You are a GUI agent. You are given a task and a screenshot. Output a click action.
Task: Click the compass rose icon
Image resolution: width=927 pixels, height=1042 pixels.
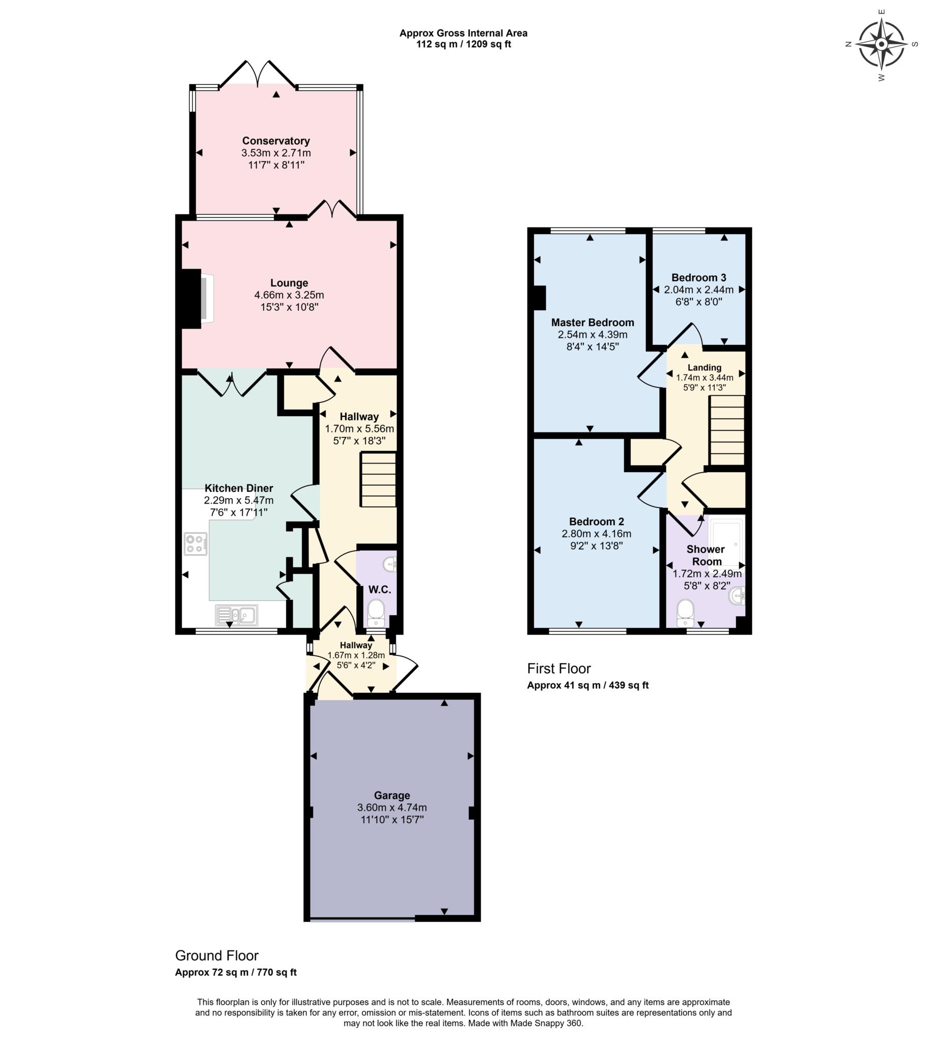[881, 44]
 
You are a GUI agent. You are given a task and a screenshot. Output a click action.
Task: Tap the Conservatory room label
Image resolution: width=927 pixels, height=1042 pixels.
[276, 141]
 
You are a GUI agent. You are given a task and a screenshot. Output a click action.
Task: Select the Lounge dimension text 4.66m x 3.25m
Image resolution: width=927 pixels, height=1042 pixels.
[289, 295]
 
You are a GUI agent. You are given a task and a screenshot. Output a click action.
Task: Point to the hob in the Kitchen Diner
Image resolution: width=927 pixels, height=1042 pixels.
[196, 543]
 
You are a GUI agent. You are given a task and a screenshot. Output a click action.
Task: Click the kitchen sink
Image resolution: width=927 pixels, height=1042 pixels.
[236, 615]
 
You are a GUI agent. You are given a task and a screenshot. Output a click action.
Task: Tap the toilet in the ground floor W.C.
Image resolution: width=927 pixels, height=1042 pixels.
[377, 613]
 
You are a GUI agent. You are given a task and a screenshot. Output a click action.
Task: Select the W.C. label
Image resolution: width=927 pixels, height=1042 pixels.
[380, 590]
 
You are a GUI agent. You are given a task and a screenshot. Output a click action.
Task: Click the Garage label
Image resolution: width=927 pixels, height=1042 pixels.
[392, 795]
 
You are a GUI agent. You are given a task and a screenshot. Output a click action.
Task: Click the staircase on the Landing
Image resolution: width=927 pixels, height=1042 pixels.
[727, 430]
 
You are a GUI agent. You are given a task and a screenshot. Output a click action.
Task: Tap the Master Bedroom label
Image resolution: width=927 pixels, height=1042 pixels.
[593, 322]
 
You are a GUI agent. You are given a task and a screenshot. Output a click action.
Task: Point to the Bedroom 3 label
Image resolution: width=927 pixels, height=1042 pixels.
[698, 278]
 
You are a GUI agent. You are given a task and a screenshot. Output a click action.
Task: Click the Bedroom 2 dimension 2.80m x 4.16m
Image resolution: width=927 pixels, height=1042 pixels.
[597, 534]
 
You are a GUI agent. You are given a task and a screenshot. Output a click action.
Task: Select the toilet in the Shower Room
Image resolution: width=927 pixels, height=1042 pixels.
[685, 613]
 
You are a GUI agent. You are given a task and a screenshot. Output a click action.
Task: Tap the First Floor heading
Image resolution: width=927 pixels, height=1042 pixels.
[558, 669]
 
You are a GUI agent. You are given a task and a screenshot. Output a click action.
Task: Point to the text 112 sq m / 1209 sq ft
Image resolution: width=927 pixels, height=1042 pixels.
[463, 44]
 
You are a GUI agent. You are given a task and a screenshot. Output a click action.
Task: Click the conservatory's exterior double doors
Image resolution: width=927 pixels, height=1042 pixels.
[258, 75]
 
